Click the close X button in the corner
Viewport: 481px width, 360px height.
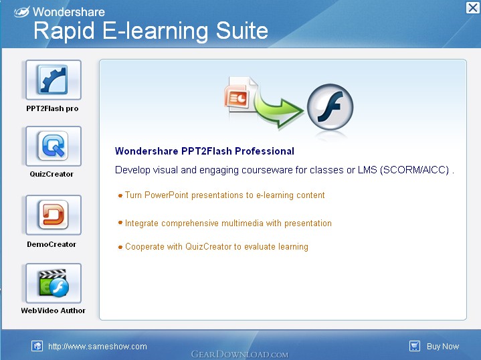click(x=473, y=7)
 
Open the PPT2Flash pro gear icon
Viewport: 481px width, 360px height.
click(x=54, y=80)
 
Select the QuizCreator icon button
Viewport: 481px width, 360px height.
click(x=54, y=146)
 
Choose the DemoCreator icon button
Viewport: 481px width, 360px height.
click(x=54, y=215)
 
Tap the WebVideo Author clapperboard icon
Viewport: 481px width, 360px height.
click(x=54, y=283)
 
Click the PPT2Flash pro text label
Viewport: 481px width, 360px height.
click(x=52, y=108)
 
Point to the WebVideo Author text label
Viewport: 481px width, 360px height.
click(x=53, y=310)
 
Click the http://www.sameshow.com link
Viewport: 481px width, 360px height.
click(x=98, y=347)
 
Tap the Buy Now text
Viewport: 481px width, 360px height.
click(x=443, y=347)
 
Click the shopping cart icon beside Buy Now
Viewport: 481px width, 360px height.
click(x=415, y=346)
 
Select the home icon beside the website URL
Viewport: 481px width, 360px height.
click(x=37, y=346)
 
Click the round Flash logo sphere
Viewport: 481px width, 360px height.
click(x=330, y=106)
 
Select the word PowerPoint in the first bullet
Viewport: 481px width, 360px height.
click(x=167, y=195)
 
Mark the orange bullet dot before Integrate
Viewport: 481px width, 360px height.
click(x=120, y=223)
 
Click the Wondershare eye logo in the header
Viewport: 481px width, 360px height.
click(x=22, y=11)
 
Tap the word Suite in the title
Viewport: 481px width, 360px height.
click(x=242, y=31)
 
